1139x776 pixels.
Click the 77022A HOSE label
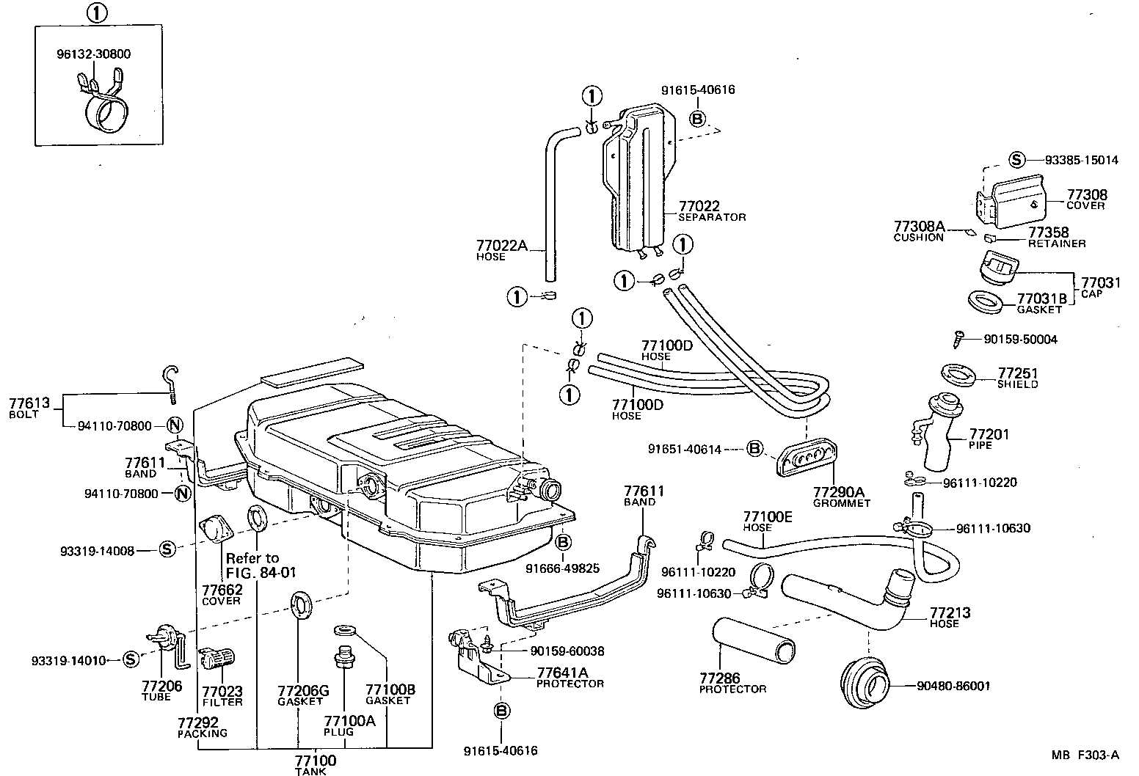click(502, 250)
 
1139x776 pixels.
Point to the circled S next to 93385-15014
click(1016, 160)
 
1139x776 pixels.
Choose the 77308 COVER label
click(1086, 200)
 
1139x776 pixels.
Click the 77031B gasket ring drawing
click(984, 301)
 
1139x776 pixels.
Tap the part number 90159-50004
click(1021, 340)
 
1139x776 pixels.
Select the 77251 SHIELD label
click(1018, 378)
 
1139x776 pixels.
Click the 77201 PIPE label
click(989, 439)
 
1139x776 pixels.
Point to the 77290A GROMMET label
click(840, 497)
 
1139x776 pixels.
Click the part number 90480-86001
click(953, 687)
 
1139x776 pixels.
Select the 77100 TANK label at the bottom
click(316, 764)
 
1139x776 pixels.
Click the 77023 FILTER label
click(222, 696)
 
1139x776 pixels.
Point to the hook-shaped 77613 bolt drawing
click(171, 384)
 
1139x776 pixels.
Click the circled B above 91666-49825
click(562, 542)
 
